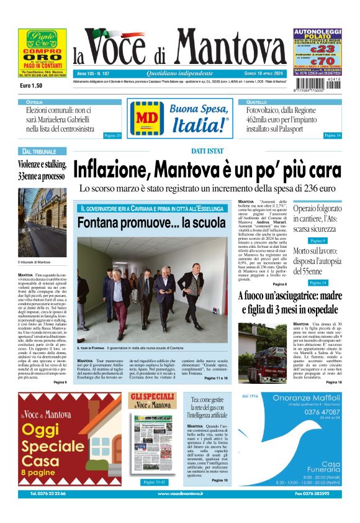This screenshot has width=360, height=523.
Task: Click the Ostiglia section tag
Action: (35, 101)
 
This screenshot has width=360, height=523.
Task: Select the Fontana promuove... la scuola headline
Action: (151, 222)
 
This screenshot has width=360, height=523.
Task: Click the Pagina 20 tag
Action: (112, 135)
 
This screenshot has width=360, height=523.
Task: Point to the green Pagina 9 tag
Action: (317, 240)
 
